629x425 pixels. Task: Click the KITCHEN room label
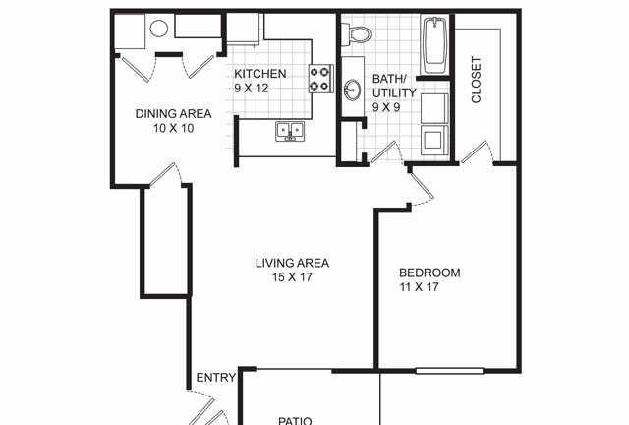point(259,74)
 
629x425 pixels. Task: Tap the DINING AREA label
point(173,114)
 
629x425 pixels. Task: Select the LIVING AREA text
point(293,263)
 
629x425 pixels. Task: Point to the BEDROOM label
point(429,273)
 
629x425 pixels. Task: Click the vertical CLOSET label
point(476,80)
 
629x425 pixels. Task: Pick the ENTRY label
point(216,378)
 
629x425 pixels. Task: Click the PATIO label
point(295,421)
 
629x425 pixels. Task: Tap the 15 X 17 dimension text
point(292,277)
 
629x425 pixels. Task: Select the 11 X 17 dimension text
point(419,287)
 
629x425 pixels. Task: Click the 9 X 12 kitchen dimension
point(252,88)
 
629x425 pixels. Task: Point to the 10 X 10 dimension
point(173,128)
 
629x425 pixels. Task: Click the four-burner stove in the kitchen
point(321,79)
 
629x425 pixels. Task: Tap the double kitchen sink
point(290,132)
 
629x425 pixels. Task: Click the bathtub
point(435,44)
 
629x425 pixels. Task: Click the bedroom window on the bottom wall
point(449,371)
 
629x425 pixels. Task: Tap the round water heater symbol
point(158,29)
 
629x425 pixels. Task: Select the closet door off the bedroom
point(478,152)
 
